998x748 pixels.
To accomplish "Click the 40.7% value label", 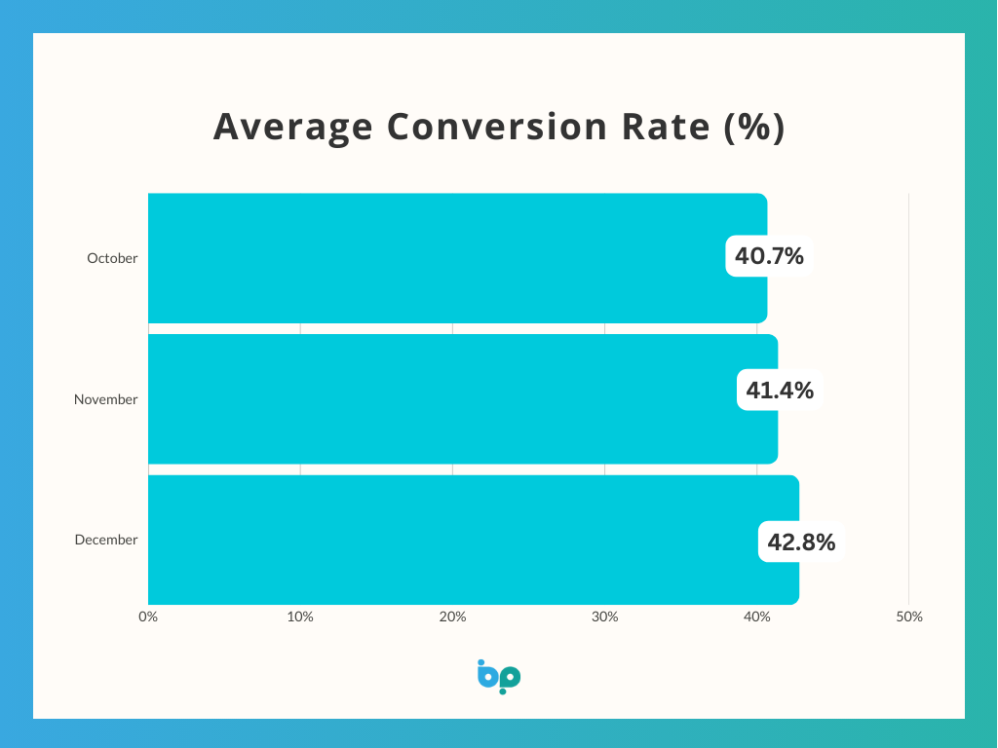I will click(769, 257).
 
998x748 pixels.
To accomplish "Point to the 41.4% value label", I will click(780, 391).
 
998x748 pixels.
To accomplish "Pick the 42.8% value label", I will click(801, 542).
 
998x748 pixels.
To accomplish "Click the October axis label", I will click(112, 259).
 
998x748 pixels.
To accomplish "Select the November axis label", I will click(105, 399).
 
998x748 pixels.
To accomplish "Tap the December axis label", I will click(106, 540).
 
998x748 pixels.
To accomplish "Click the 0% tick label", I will click(148, 617).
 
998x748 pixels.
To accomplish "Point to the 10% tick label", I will click(300, 617).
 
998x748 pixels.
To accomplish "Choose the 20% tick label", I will click(452, 617).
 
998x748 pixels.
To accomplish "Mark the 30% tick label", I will click(604, 617).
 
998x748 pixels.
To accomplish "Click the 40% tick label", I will click(756, 617).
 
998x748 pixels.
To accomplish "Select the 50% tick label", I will click(908, 617).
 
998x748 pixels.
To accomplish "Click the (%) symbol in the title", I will click(755, 128).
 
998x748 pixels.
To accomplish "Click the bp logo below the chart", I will click(499, 677).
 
